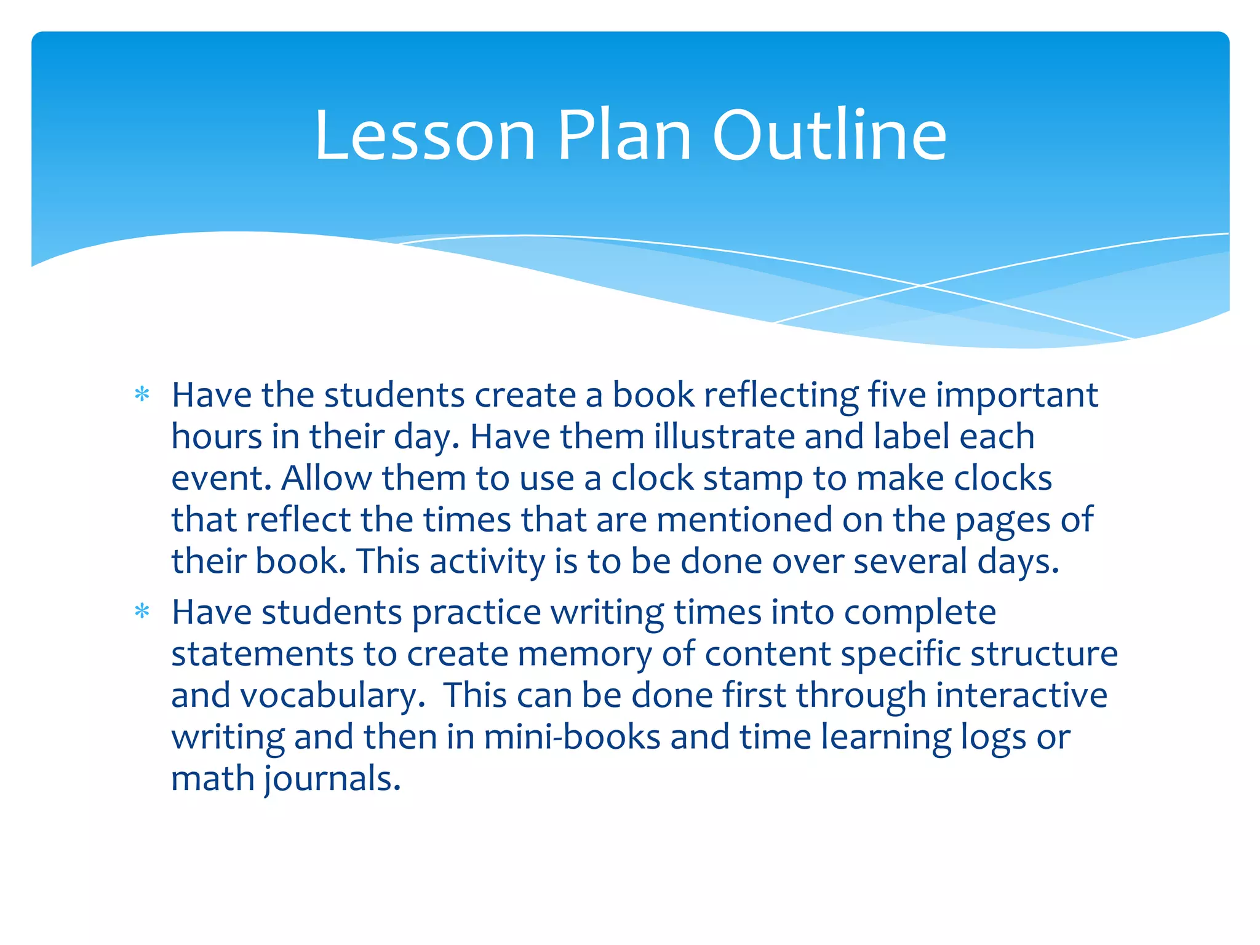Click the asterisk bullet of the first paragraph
(142, 394)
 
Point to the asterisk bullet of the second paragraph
(142, 612)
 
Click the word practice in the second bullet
(477, 613)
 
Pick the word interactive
(1022, 695)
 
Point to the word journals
(333, 779)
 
